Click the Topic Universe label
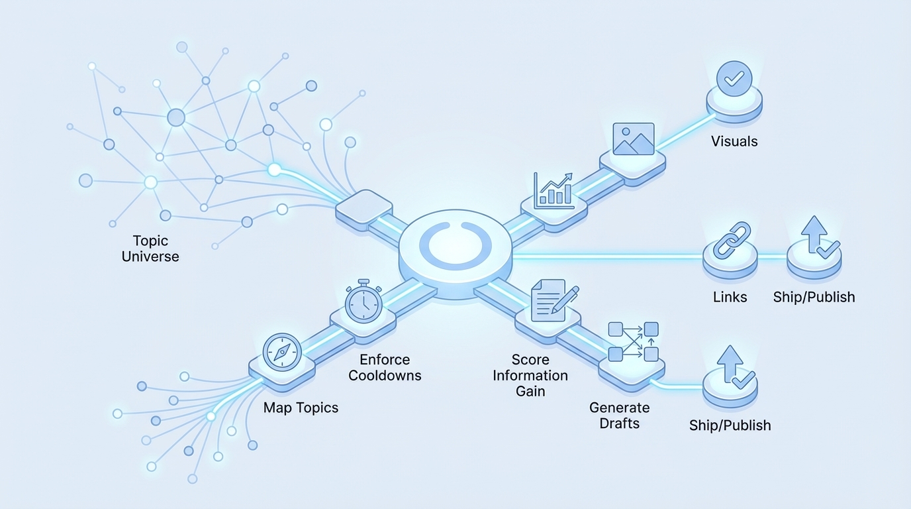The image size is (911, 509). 150,249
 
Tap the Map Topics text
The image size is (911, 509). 301,408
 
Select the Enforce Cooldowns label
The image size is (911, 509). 385,367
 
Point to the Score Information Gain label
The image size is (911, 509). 530,375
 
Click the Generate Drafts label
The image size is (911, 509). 620,416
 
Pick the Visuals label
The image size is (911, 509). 734,141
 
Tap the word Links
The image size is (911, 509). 730,297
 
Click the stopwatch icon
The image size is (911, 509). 363,304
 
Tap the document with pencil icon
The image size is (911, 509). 552,300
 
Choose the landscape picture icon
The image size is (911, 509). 634,139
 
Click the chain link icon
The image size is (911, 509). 730,241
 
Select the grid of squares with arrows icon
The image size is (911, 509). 633,342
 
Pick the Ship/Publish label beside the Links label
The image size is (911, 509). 814,297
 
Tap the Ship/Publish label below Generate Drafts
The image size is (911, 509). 730,425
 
